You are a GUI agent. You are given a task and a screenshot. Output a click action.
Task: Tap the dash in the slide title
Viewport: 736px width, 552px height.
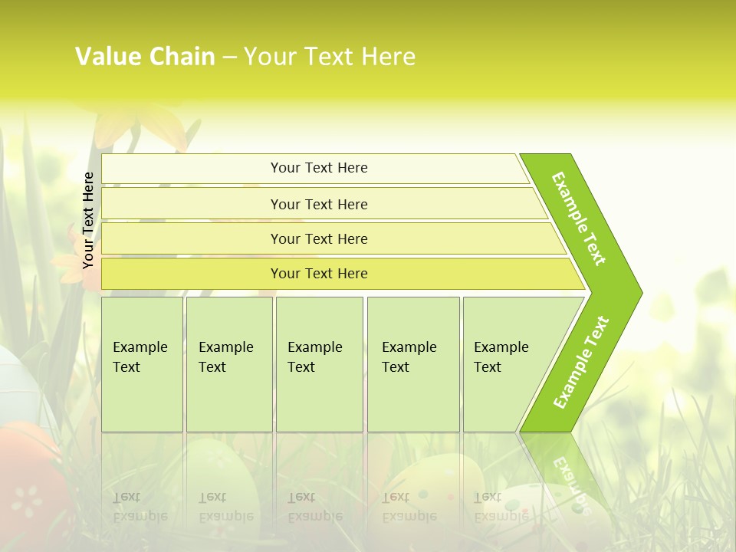pos(229,58)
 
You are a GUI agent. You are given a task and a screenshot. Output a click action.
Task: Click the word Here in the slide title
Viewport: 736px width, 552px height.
pos(388,57)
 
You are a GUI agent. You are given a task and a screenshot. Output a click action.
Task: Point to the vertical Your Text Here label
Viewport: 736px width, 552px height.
pos(88,220)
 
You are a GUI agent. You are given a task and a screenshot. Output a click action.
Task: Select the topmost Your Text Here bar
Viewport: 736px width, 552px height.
pos(318,168)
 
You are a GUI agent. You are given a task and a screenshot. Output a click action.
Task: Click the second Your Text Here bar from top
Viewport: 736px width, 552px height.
pos(318,204)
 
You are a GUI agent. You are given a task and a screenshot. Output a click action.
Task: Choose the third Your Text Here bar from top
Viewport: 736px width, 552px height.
pos(318,239)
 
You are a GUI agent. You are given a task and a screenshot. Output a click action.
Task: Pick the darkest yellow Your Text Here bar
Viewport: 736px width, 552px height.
pos(318,274)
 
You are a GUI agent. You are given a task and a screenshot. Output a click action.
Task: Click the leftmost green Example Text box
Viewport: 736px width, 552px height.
pos(142,364)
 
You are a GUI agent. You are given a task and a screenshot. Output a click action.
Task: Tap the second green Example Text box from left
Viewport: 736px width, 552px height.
pos(229,364)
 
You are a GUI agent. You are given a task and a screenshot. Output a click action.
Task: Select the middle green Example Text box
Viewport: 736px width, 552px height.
pos(319,364)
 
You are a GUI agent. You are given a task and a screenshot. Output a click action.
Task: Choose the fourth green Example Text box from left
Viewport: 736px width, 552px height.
pos(413,364)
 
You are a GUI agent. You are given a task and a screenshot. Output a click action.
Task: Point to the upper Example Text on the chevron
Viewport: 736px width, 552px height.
pos(579,219)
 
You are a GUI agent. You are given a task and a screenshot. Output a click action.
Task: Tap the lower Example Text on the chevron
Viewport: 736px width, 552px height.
pos(581,363)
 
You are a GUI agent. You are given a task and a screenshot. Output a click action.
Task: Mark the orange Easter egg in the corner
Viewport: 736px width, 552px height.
pos(27,475)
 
